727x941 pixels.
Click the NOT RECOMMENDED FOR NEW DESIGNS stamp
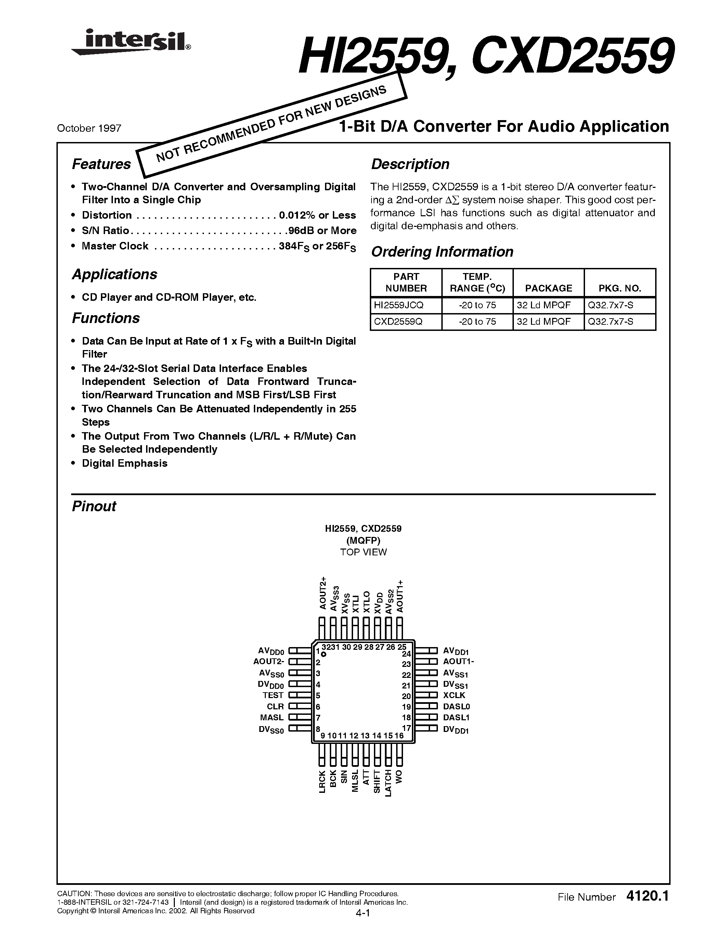click(x=271, y=125)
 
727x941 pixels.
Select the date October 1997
click(x=89, y=128)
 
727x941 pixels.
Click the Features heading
click(x=101, y=164)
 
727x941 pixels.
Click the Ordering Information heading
click(x=442, y=252)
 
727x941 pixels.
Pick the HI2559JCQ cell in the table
click(x=399, y=305)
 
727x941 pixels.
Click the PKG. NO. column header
click(x=620, y=288)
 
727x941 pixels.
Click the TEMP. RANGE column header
click(x=477, y=283)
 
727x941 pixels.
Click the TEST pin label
click(x=273, y=695)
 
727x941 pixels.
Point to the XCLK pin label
click(x=454, y=695)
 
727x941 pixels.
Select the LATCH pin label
click(x=388, y=783)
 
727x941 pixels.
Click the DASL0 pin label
click(x=456, y=706)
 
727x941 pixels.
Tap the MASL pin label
click(x=272, y=717)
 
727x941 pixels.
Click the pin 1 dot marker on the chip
click(x=323, y=655)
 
